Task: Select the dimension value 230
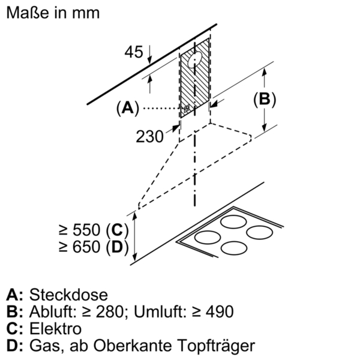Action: coord(150,137)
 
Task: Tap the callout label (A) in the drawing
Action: coord(127,108)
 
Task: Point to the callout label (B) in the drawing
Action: coord(264,100)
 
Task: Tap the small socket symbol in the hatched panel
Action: coord(188,109)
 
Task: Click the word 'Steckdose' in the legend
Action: coord(68,295)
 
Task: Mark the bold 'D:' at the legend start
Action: coord(15,346)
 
